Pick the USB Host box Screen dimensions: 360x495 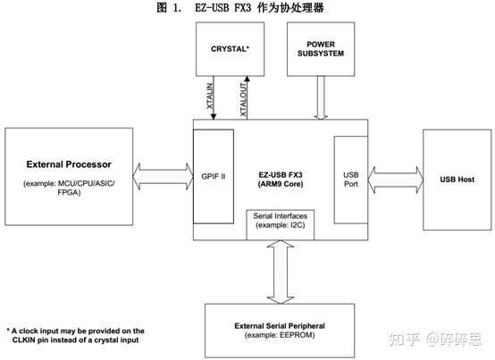pyautogui.click(x=454, y=180)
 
